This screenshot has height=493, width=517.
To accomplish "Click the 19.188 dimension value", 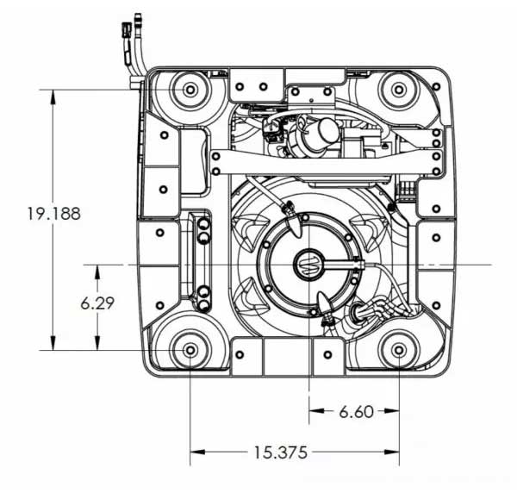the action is tap(53, 214).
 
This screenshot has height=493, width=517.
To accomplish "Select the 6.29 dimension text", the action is tap(97, 303).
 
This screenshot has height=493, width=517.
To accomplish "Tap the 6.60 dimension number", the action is tap(357, 411).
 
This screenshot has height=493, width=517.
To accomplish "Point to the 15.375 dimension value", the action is tap(280, 452).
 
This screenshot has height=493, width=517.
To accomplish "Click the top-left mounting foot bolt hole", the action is tap(190, 90).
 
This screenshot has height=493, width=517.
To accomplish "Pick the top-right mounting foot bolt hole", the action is tap(399, 90).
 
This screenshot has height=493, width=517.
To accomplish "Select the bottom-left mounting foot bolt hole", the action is tap(190, 350).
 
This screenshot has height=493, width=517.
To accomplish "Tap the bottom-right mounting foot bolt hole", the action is tap(399, 350).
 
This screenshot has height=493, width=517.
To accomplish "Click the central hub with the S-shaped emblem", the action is tap(308, 265).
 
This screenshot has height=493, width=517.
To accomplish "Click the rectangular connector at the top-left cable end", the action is tap(127, 30).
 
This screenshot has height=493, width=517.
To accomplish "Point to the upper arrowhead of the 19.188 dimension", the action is tap(53, 97).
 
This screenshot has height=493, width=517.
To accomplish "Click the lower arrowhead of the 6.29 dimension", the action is tap(97, 343).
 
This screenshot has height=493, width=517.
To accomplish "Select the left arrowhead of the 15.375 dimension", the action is tap(197, 452).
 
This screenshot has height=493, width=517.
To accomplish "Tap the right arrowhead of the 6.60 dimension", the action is tap(392, 411).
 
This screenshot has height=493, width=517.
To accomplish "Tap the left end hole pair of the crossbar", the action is tap(216, 164).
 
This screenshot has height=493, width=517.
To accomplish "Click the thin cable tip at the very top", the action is tap(138, 17).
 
